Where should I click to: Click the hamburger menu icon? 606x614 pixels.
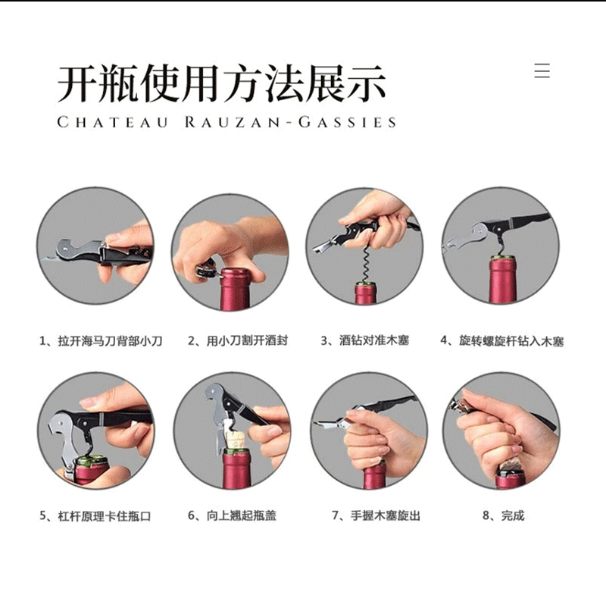click(x=542, y=70)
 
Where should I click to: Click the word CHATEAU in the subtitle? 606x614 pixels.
click(x=112, y=122)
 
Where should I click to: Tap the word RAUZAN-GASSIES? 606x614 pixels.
click(x=290, y=122)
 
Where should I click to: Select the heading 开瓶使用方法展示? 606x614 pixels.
click(x=222, y=83)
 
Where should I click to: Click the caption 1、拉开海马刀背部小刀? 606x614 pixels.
click(x=101, y=340)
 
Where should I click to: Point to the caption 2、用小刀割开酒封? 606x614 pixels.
click(x=237, y=340)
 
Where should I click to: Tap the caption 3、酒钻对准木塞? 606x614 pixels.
click(x=364, y=340)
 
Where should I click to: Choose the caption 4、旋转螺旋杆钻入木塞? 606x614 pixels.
click(x=502, y=341)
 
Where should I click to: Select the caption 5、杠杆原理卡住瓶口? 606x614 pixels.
click(x=95, y=515)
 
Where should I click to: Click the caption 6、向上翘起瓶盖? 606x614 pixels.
click(x=232, y=515)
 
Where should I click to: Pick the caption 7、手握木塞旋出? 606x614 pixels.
click(x=376, y=515)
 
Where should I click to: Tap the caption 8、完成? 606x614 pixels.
click(x=503, y=515)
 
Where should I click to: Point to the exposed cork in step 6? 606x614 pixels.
click(x=234, y=440)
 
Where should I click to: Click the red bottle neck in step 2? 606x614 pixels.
click(x=236, y=289)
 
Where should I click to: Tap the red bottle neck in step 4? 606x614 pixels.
click(x=502, y=279)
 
